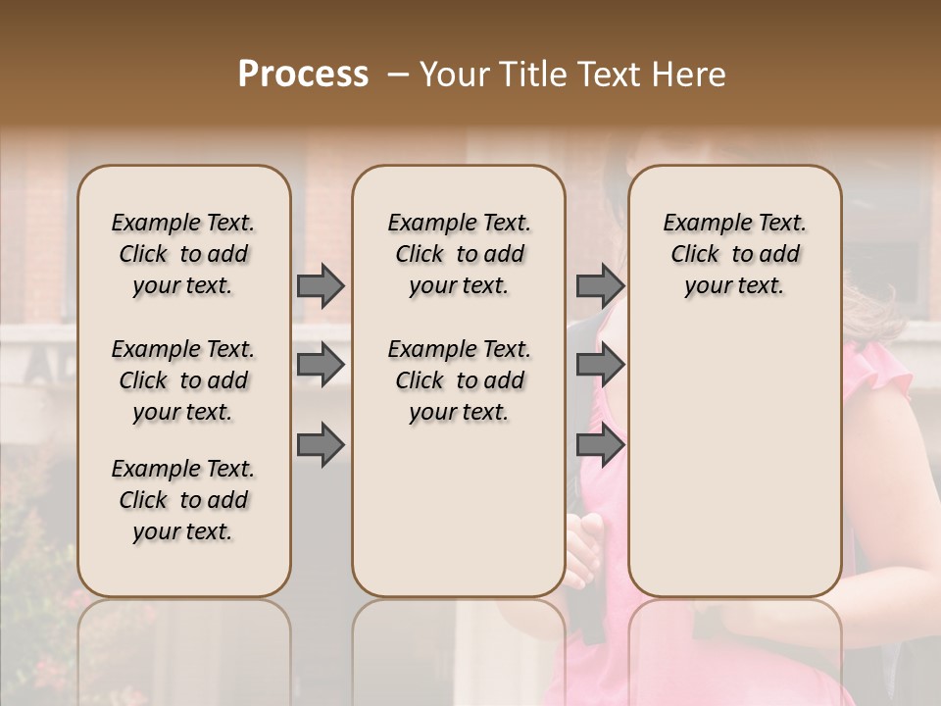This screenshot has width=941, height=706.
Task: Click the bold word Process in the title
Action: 303,75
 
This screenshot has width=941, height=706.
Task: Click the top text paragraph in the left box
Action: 183,254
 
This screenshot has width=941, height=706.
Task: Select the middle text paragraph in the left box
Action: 183,380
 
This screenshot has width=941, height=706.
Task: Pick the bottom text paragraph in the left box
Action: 183,500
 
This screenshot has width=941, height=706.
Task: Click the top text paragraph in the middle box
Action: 459,254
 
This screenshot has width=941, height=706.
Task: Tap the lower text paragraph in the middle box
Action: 459,380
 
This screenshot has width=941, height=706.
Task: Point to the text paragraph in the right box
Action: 734,254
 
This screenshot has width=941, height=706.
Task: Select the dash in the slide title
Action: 398,75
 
